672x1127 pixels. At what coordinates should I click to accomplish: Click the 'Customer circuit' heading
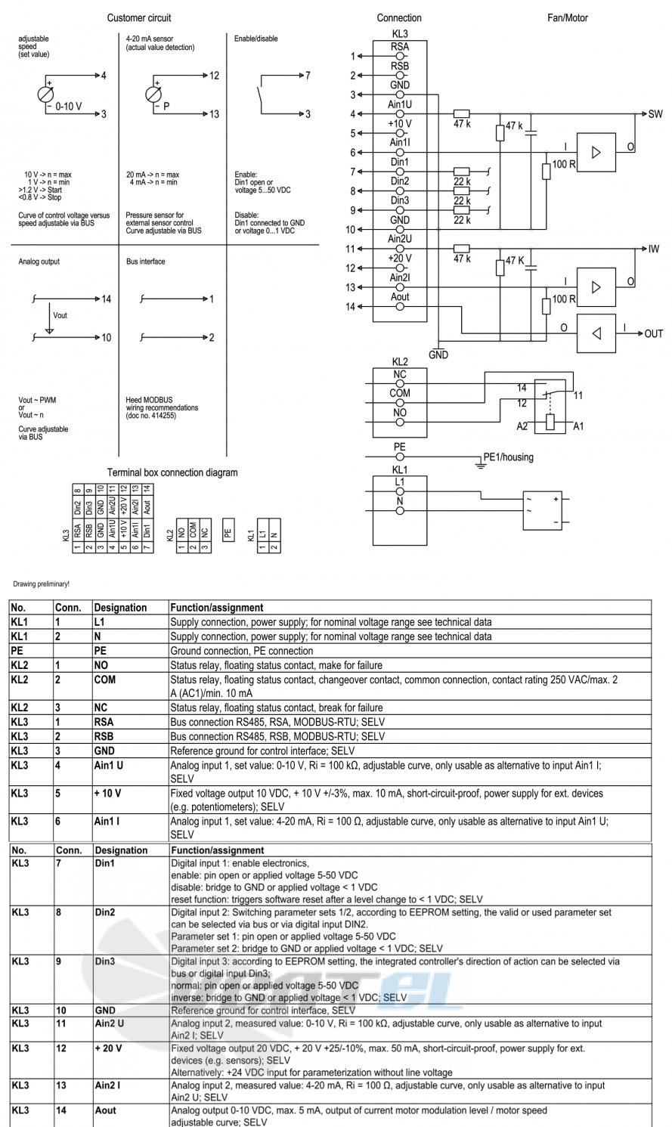click(139, 18)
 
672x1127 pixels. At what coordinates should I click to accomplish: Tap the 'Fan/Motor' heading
click(568, 18)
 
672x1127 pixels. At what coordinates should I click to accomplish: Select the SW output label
click(655, 114)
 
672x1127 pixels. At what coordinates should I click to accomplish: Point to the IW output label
click(653, 249)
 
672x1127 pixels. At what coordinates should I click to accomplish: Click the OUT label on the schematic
click(653, 333)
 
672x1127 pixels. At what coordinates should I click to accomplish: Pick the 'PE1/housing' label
click(508, 457)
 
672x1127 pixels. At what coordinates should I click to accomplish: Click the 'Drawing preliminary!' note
click(42, 584)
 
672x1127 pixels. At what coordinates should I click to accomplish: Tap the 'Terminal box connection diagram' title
click(172, 472)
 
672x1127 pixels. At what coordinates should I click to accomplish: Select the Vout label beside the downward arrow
click(60, 315)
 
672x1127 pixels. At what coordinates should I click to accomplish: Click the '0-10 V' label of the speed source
click(68, 107)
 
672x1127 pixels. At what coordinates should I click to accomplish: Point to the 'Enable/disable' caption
click(255, 39)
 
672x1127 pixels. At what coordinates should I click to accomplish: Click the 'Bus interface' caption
click(145, 262)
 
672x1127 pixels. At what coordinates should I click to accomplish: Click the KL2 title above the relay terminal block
click(400, 362)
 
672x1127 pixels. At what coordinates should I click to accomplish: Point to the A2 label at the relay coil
click(522, 426)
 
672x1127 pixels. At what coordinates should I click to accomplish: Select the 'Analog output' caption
click(39, 262)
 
